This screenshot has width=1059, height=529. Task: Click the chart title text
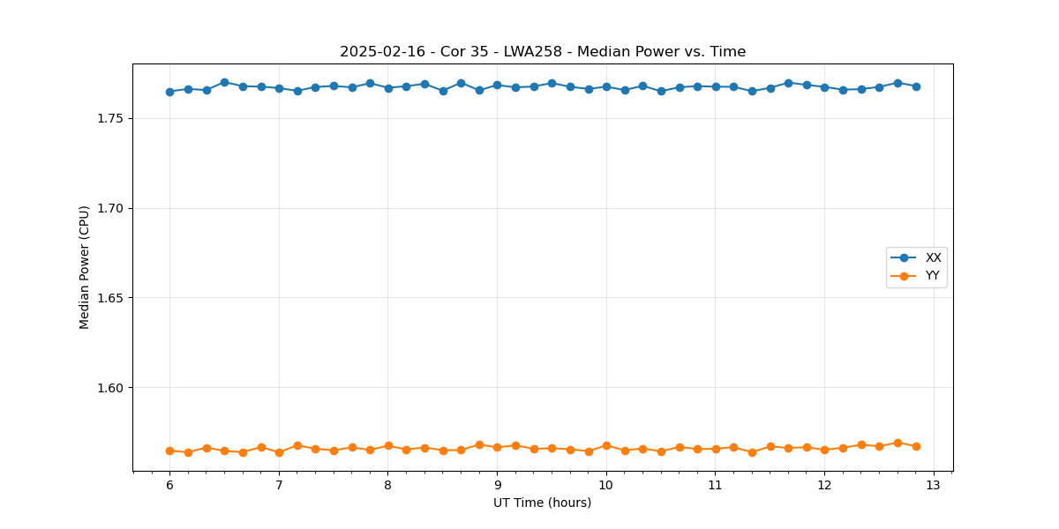pos(543,52)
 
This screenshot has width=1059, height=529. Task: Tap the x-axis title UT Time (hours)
pos(542,503)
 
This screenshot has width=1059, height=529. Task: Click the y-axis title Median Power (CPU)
pos(85,267)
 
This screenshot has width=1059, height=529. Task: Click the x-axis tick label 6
pos(169,485)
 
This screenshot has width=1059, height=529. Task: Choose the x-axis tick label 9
pos(497,485)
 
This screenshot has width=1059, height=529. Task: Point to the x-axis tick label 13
pos(934,485)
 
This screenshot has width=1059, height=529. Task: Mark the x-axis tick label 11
pos(716,485)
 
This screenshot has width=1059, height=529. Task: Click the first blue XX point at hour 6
pos(169,92)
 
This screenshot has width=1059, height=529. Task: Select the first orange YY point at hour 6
pos(169,451)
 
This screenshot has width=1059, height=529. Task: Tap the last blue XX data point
pos(916,86)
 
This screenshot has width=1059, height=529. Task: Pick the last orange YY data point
pos(916,446)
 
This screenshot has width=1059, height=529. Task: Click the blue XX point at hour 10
pos(606,86)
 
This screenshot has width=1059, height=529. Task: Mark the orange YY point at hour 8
pos(388,445)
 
